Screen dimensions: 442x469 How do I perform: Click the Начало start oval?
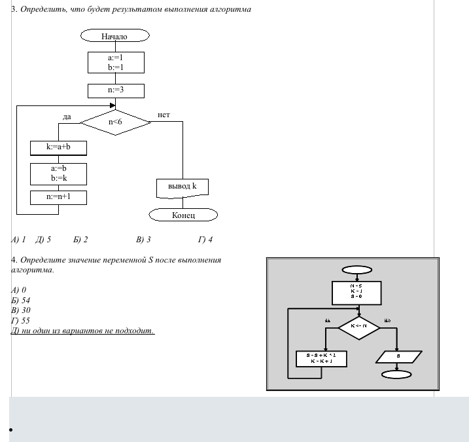(x=115, y=36)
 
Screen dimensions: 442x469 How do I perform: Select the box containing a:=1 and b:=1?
(x=115, y=62)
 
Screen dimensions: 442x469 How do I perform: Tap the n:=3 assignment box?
(x=115, y=90)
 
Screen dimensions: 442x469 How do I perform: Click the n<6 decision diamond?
(x=115, y=122)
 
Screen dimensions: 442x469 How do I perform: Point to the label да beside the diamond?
(x=67, y=117)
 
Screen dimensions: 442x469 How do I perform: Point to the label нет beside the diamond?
(x=164, y=115)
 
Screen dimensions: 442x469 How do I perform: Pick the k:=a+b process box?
(x=58, y=147)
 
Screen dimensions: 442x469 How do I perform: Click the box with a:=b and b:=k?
(x=58, y=173)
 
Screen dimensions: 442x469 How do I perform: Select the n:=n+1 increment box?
(x=58, y=196)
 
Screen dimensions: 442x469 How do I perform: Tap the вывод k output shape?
(x=182, y=187)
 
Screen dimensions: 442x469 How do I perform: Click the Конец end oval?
(x=183, y=215)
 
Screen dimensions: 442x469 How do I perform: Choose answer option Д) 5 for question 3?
(x=44, y=240)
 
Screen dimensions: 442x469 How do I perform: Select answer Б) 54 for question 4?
(x=21, y=300)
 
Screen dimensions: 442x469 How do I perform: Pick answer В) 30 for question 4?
(x=21, y=310)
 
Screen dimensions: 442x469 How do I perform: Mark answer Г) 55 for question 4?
(x=21, y=321)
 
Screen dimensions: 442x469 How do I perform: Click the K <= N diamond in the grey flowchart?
(x=358, y=326)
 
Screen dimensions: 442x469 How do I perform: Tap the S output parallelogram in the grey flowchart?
(x=397, y=357)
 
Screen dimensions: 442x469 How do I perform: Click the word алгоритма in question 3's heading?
(x=229, y=10)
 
